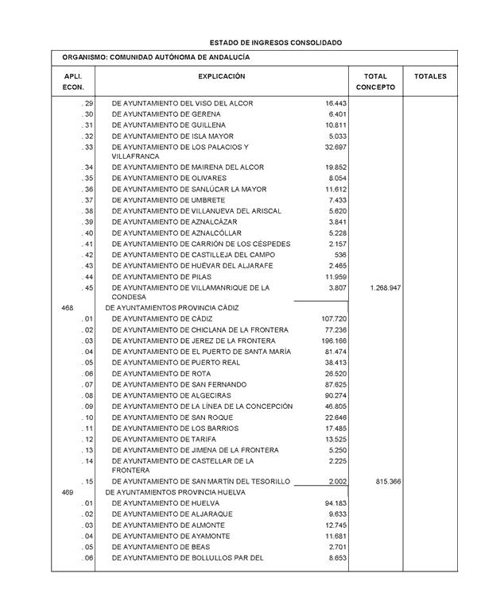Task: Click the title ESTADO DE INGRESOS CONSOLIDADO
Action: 276,42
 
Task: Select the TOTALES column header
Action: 430,77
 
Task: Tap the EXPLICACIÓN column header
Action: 222,77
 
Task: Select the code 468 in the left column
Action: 68,307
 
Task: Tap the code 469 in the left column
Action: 68,492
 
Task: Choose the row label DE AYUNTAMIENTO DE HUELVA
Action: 165,503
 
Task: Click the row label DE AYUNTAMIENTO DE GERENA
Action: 163,114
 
